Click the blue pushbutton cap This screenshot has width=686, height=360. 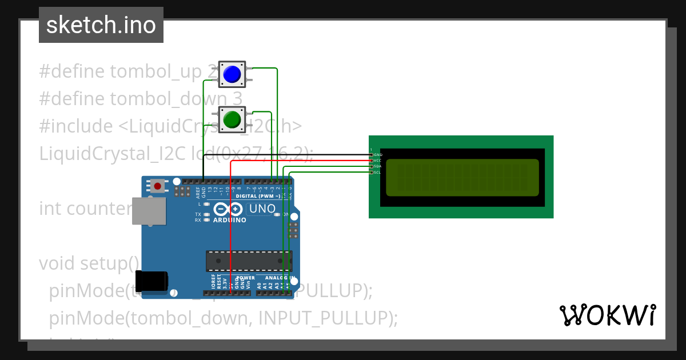[232, 74]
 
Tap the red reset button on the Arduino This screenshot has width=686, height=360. [157, 186]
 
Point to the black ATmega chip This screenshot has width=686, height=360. [249, 261]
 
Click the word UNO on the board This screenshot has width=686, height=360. [262, 209]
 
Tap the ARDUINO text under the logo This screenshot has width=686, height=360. [230, 220]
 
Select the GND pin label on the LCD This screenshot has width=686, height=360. [378, 155]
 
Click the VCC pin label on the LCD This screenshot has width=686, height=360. [378, 161]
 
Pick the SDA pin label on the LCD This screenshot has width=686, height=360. [378, 166]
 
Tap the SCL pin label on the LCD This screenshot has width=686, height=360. [378, 172]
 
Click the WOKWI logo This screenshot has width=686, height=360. [608, 315]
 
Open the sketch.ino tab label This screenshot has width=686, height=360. [101, 25]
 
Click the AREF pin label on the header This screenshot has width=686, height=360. [198, 191]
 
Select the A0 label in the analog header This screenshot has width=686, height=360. [259, 284]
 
